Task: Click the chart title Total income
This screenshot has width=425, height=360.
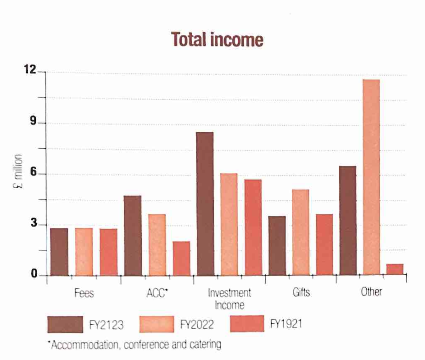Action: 217,40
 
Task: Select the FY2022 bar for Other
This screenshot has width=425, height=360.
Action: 371,177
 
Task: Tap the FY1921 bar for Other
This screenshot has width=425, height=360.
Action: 395,270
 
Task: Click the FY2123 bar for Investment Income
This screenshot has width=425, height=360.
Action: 204,204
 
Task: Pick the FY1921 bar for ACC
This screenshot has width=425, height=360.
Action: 181,259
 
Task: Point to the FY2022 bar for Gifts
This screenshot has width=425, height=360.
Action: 300,232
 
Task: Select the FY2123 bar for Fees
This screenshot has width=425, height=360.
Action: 59,252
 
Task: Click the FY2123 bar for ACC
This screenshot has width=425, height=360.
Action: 133,236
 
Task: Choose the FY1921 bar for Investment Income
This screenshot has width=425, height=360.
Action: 252,227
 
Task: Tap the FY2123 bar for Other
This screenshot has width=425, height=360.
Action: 347,221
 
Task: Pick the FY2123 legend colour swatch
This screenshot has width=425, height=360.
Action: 65,324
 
